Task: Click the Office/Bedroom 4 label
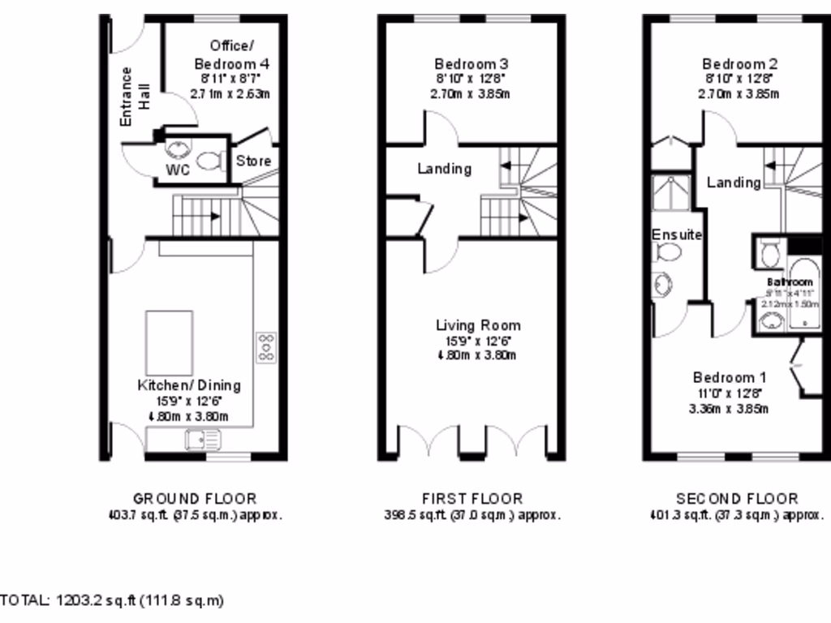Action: (231, 54)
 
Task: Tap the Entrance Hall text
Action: (136, 96)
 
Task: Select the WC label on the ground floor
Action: (178, 170)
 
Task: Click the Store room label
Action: (253, 161)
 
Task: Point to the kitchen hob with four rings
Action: (265, 346)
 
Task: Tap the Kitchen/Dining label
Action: (188, 385)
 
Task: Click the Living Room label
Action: (478, 325)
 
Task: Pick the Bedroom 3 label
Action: (471, 64)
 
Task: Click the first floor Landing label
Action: (444, 169)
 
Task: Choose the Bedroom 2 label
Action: (734, 64)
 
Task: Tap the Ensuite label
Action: (677, 234)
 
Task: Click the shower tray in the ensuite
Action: (670, 194)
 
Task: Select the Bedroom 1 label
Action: (729, 377)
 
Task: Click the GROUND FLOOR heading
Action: (194, 499)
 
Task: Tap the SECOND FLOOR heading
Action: (737, 499)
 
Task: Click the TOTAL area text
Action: (112, 600)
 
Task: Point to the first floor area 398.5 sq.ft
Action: (471, 514)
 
